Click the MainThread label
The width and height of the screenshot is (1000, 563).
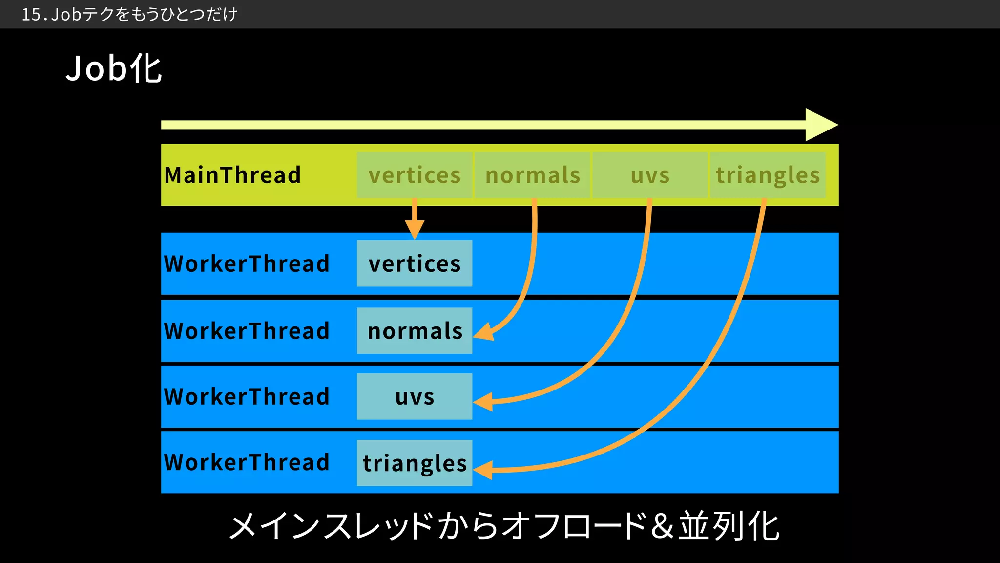(x=232, y=175)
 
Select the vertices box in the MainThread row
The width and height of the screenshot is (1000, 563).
(x=415, y=175)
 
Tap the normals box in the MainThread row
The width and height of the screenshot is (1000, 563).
(x=532, y=175)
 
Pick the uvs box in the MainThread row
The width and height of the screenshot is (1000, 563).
(x=650, y=175)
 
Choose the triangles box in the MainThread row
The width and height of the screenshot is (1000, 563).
(x=768, y=175)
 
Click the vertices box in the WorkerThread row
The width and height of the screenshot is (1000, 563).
(x=415, y=263)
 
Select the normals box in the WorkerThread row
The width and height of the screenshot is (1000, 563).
(x=415, y=330)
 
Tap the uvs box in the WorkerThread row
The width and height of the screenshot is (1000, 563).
(x=415, y=396)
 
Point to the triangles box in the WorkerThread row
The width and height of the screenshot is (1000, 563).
(x=415, y=463)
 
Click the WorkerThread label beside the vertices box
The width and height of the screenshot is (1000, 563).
(x=247, y=263)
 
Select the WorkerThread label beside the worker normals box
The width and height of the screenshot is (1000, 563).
(x=247, y=330)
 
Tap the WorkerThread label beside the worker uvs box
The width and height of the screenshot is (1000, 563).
(x=247, y=396)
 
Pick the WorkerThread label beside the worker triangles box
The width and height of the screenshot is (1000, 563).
(x=247, y=462)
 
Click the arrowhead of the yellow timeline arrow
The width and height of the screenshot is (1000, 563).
(x=820, y=125)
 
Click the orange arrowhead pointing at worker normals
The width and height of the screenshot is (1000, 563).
(x=483, y=332)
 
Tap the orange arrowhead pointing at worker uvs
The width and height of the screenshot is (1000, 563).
(x=483, y=402)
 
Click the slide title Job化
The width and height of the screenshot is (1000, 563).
(x=113, y=68)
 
